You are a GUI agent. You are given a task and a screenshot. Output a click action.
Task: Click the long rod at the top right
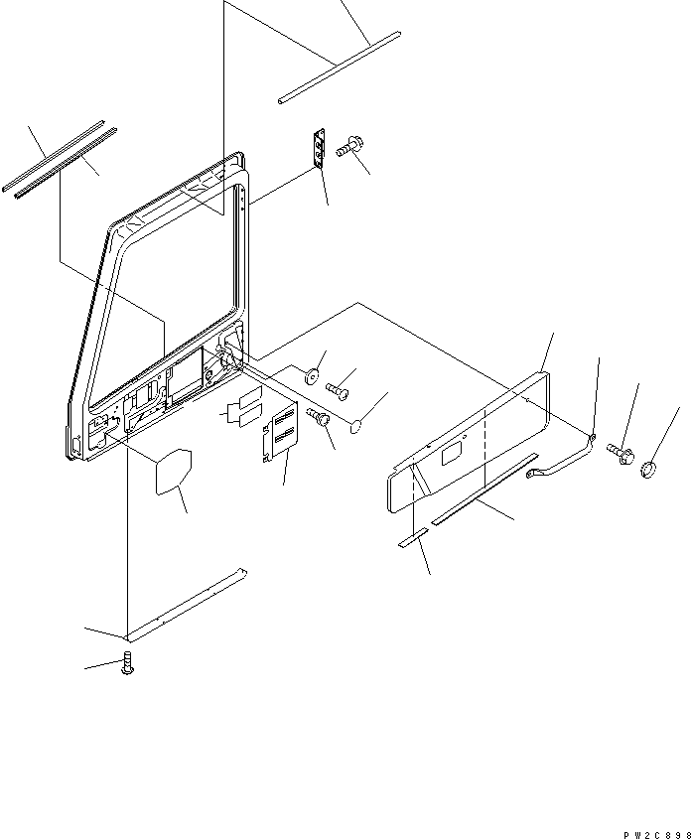click(x=339, y=67)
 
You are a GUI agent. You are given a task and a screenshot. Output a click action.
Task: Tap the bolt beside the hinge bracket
click(x=348, y=148)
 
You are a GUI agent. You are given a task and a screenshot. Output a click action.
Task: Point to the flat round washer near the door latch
click(x=311, y=374)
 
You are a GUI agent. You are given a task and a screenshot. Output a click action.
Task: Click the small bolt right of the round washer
click(x=338, y=389)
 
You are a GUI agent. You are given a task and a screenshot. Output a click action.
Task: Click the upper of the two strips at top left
click(x=57, y=155)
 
